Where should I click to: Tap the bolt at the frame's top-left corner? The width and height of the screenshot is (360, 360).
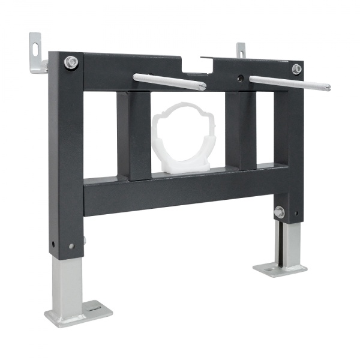(x=71, y=62)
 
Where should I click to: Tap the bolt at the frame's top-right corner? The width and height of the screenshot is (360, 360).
(x=296, y=69)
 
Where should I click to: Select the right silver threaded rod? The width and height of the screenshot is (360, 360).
(x=288, y=83)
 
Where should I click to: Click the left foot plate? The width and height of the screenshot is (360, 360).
(x=78, y=314)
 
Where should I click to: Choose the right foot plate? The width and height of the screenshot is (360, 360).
(x=280, y=268)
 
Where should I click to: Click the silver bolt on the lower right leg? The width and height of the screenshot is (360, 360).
(x=279, y=212)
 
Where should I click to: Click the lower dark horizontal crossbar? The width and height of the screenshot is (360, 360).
(x=180, y=191)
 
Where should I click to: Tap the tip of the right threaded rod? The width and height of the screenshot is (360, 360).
(x=327, y=88)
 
